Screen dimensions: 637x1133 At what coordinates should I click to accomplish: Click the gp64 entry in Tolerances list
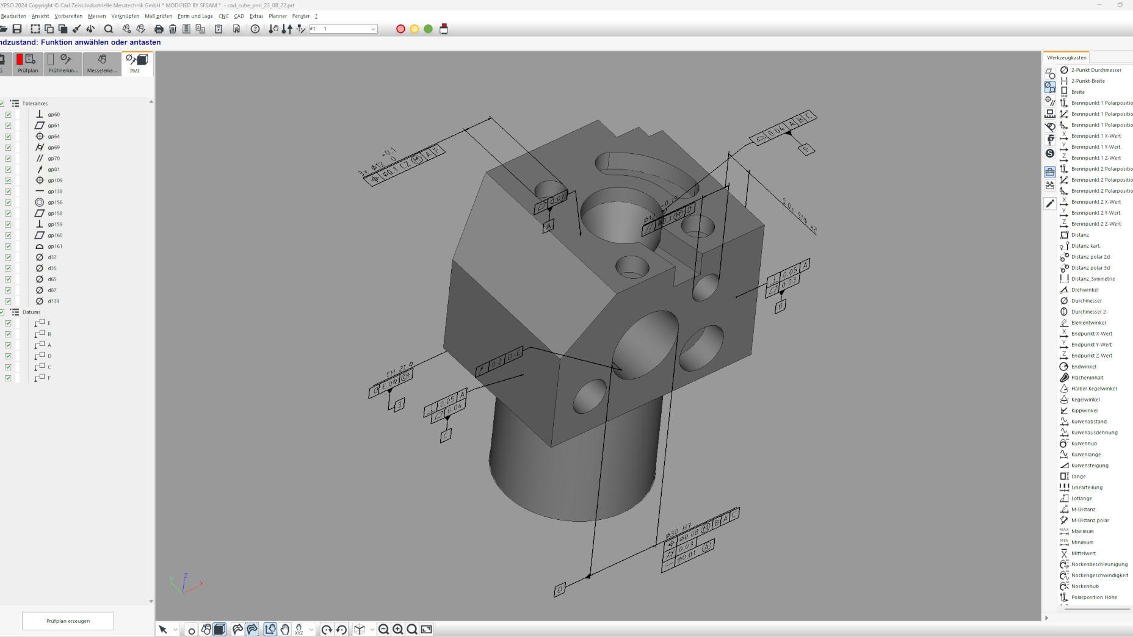click(x=54, y=137)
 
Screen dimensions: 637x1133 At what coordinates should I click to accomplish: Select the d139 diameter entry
click(x=53, y=301)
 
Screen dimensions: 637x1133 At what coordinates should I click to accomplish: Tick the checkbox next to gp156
click(x=8, y=203)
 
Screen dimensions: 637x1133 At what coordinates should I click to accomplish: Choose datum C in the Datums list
click(x=49, y=367)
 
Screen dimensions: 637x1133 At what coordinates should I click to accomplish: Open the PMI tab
click(x=136, y=63)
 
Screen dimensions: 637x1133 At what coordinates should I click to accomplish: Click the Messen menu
click(x=96, y=16)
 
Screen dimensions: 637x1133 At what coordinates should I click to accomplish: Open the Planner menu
click(x=277, y=16)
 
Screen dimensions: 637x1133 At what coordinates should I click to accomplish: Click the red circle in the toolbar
click(x=400, y=29)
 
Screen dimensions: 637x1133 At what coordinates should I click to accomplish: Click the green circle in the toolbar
click(x=429, y=29)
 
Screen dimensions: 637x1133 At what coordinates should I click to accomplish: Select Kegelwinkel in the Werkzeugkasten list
click(x=1085, y=400)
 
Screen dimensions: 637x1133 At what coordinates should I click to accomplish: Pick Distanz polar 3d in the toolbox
click(x=1090, y=268)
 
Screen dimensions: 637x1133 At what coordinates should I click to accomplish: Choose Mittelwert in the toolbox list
click(x=1083, y=553)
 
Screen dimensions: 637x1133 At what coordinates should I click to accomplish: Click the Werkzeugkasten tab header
click(x=1066, y=58)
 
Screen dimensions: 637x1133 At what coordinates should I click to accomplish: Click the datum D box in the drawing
click(x=560, y=589)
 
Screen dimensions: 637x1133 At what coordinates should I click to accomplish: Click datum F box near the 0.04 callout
click(x=806, y=149)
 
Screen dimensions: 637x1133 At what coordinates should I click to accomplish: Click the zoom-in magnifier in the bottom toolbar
click(x=398, y=630)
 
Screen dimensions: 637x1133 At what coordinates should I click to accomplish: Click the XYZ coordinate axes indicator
click(x=185, y=583)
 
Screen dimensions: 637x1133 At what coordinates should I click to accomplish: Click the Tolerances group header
click(x=35, y=104)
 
